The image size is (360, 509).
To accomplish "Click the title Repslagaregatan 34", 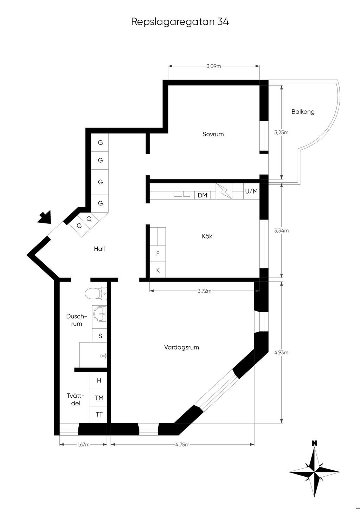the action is tap(180, 22).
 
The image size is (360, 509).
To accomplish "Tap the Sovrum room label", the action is tap(213, 134).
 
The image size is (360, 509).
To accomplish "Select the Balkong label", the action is tap(303, 112).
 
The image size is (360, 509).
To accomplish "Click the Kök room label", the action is tap(207, 236).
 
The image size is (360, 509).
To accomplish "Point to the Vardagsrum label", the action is tap(181, 347).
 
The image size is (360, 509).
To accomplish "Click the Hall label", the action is tap(99, 249).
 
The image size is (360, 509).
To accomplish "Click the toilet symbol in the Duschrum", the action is tap(96, 294).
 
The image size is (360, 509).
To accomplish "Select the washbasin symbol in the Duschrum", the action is tap(100, 314).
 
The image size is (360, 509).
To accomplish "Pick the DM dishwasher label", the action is tap(202, 195).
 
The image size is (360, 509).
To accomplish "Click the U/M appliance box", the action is tap(251, 191).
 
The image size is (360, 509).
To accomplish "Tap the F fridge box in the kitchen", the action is tap(157, 254).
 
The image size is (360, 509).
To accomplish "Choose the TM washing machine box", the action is tap(98, 398).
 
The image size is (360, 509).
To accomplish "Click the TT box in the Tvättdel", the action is tap(98, 415).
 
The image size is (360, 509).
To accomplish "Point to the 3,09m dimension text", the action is tap(213, 66).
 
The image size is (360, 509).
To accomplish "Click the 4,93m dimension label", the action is tap(281, 352).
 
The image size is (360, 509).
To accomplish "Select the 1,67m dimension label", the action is tap(83, 444).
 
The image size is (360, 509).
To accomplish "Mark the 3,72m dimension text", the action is tap(205, 291).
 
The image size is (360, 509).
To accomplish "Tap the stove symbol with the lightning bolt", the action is tap(224, 191).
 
